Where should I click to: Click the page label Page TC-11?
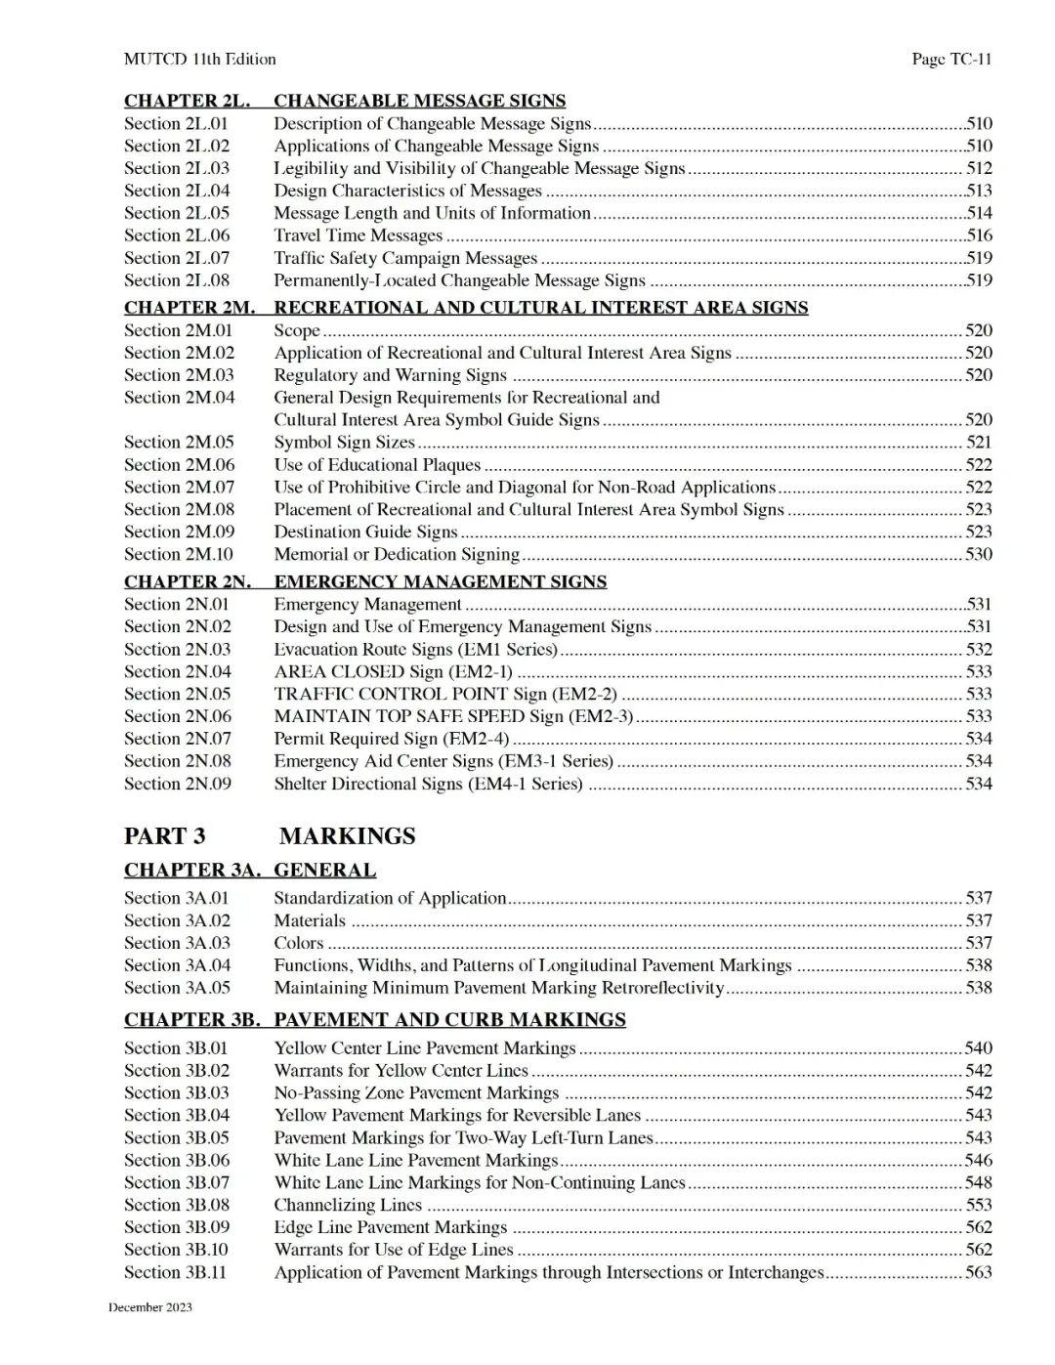pyautogui.click(x=951, y=59)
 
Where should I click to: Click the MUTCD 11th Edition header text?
pyautogui.click(x=199, y=59)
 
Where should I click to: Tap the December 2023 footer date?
pyautogui.click(x=150, y=1307)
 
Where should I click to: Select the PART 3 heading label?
pyautogui.click(x=164, y=835)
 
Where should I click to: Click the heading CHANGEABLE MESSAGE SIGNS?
pyautogui.click(x=419, y=101)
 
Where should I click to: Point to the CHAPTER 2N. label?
pyautogui.click(x=187, y=581)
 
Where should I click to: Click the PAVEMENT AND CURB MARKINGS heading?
pyautogui.click(x=449, y=1019)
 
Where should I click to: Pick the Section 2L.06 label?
pyautogui.click(x=177, y=235)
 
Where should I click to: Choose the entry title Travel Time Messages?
pyautogui.click(x=358, y=235)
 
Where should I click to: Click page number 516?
pyautogui.click(x=978, y=235)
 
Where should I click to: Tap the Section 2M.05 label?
pyautogui.click(x=179, y=442)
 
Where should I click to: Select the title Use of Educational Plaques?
pyautogui.click(x=377, y=464)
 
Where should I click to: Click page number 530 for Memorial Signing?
pyautogui.click(x=978, y=554)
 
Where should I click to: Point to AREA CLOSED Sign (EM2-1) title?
pyautogui.click(x=393, y=671)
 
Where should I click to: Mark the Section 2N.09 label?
pyautogui.click(x=178, y=784)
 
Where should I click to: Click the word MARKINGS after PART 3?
pyautogui.click(x=347, y=835)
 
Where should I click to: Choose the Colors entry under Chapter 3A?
pyautogui.click(x=298, y=943)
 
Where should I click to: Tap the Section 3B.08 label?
pyautogui.click(x=177, y=1205)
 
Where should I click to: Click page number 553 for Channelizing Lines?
pyautogui.click(x=978, y=1205)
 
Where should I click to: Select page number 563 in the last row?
pyautogui.click(x=978, y=1272)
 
